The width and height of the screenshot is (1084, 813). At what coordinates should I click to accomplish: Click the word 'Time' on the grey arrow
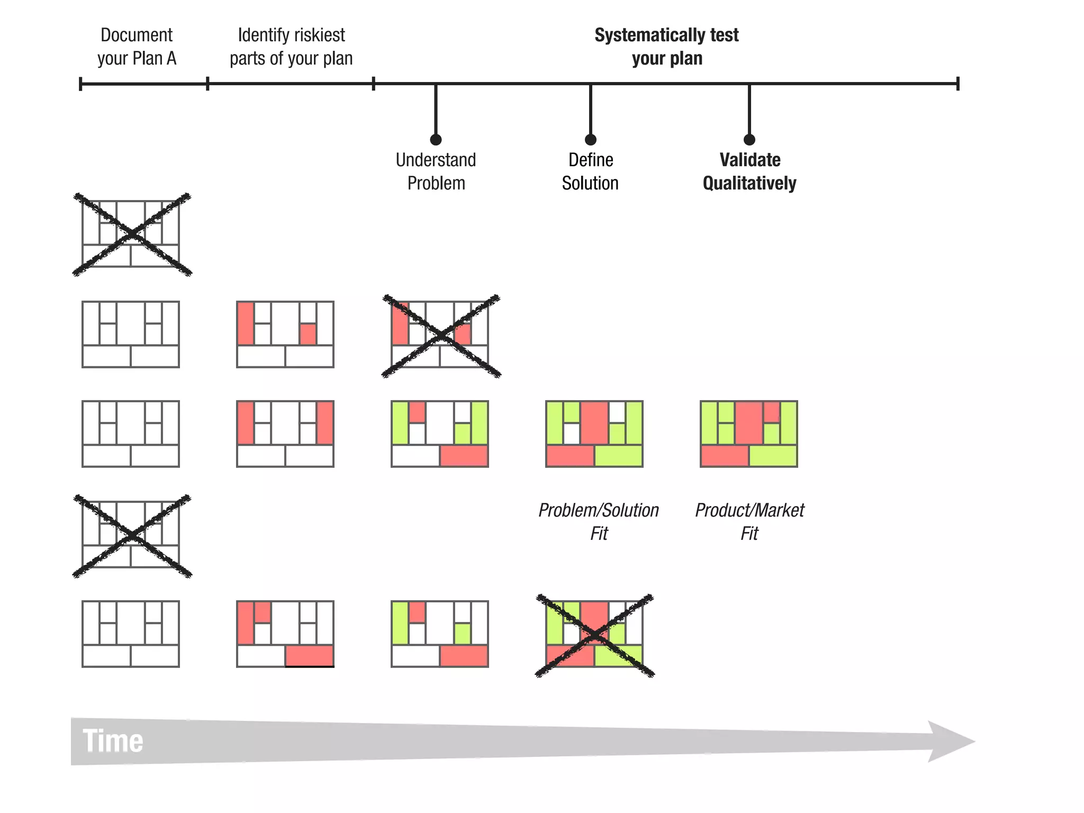(x=113, y=740)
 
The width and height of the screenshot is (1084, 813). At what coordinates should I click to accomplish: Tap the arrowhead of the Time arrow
(x=951, y=741)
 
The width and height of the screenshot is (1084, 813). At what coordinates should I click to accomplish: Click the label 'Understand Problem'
(x=436, y=171)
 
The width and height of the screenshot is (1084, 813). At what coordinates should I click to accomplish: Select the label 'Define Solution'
(x=590, y=171)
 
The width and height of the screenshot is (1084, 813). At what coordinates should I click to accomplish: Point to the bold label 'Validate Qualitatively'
(x=749, y=171)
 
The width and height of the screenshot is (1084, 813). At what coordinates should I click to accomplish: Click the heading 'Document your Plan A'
(x=137, y=47)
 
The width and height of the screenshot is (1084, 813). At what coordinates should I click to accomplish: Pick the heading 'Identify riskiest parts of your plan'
(x=291, y=47)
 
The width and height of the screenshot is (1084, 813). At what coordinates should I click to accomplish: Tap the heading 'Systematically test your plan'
(x=666, y=47)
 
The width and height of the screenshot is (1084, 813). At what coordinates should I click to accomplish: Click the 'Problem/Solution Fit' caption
(x=599, y=521)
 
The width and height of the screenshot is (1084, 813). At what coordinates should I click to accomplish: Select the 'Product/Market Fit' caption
(x=749, y=521)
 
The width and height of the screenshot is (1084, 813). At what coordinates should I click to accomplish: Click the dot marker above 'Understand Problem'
(x=436, y=140)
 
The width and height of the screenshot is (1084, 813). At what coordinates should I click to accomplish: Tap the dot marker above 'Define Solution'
(x=591, y=140)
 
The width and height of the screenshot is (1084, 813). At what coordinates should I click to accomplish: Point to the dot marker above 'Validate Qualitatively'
(x=749, y=140)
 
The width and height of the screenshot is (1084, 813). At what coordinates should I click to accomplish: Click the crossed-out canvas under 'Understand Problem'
(x=440, y=336)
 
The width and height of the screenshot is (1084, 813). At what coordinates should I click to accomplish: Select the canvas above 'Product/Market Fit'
(x=748, y=434)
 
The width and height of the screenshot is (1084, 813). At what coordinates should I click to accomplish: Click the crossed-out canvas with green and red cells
(x=594, y=635)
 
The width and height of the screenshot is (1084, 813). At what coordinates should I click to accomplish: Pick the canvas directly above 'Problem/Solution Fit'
(x=594, y=434)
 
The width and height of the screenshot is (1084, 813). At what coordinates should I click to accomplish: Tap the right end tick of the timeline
(x=957, y=84)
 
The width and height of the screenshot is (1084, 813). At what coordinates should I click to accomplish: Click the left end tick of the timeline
(x=80, y=84)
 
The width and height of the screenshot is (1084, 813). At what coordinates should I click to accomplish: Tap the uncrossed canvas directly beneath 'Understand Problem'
(x=439, y=434)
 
